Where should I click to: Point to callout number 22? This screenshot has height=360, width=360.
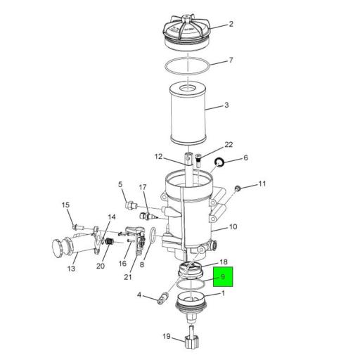click(229, 145)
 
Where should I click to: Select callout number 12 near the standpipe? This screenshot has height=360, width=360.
click(158, 157)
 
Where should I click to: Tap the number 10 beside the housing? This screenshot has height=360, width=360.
click(233, 227)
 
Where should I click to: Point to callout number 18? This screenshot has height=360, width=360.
click(224, 262)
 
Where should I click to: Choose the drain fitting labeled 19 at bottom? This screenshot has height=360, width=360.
click(191, 344)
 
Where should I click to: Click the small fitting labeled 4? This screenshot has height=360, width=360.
click(161, 300)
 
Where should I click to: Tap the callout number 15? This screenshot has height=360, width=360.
click(66, 205)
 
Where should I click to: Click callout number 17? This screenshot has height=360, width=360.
click(142, 188)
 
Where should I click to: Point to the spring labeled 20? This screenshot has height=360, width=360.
click(108, 241)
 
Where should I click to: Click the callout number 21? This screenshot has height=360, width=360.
click(127, 276)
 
